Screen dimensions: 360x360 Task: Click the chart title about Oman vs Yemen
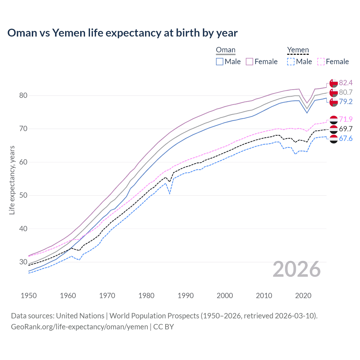click(122, 33)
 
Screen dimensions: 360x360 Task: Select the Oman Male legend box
click(220, 62)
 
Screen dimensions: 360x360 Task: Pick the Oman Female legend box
click(249, 62)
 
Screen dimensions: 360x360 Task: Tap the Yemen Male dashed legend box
click(291, 62)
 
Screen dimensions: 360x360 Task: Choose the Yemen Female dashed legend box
click(321, 62)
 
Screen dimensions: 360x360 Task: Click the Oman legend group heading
click(226, 50)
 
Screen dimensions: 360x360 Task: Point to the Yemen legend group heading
click(298, 50)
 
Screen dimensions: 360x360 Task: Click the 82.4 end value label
click(346, 83)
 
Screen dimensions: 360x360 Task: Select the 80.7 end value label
click(346, 92)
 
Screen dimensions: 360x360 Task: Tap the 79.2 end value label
click(346, 102)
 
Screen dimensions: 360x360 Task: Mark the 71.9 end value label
click(346, 119)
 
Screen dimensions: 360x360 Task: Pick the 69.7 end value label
click(346, 129)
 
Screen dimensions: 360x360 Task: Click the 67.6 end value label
click(346, 138)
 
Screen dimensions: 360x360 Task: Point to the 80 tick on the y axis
click(23, 96)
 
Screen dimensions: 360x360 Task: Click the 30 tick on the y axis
click(23, 262)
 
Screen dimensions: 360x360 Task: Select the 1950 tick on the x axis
click(29, 296)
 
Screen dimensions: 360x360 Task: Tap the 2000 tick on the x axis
click(225, 296)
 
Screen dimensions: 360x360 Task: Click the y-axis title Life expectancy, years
click(12, 180)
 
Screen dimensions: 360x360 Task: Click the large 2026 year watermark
click(297, 269)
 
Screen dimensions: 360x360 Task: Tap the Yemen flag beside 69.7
click(334, 129)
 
